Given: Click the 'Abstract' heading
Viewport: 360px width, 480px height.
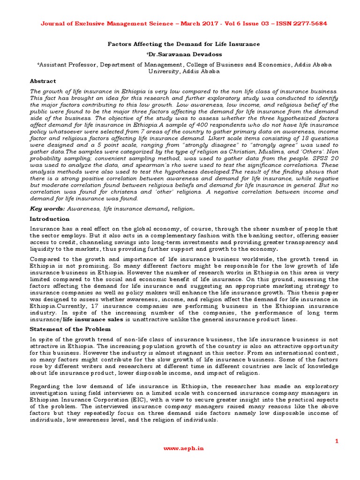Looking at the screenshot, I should [43, 81].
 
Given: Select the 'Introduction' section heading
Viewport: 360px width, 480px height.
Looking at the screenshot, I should [49, 219].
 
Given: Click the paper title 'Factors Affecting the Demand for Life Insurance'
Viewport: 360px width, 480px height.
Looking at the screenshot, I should [180, 44].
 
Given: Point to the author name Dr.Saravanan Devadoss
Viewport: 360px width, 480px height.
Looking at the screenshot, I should [180, 54].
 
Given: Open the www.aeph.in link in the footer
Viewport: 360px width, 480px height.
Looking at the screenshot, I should [180, 448].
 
